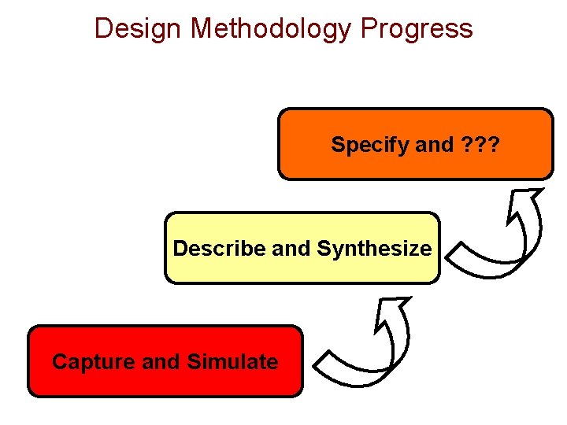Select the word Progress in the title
[417, 29]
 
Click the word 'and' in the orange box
[434, 145]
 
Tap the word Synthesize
[374, 249]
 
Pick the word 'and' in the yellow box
[291, 249]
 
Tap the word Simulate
[232, 362]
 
